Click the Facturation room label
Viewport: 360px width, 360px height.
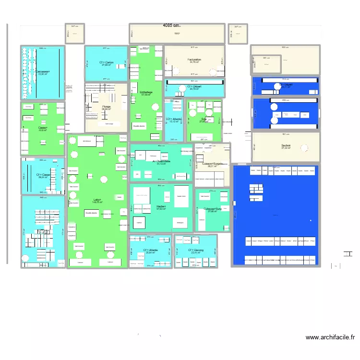194,60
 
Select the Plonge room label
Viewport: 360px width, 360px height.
106,107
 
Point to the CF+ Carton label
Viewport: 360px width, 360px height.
106,62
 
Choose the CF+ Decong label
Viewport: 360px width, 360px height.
196,250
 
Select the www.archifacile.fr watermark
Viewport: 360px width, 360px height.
331,338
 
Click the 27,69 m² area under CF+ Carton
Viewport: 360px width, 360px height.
106,65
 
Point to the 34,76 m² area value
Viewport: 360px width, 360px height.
194,63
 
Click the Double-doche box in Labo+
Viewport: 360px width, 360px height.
91,213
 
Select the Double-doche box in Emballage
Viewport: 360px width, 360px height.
139,126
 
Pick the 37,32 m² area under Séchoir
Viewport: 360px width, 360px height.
287,148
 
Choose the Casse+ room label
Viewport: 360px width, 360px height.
42,128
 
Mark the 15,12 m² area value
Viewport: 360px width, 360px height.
173,122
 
